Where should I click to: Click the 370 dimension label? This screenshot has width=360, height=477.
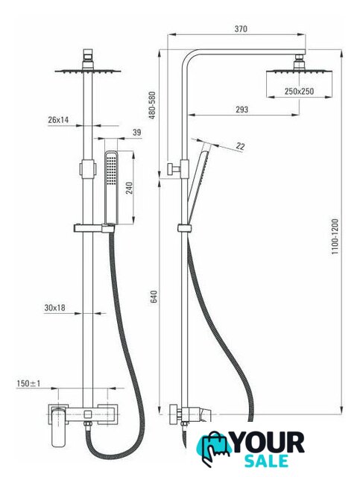(241, 29)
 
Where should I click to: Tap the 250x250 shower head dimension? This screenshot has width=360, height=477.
(299, 91)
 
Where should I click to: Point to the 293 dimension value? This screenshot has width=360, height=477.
(241, 110)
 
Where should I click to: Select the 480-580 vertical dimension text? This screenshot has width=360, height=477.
(152, 105)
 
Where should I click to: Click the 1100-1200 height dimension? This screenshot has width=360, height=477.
(335, 236)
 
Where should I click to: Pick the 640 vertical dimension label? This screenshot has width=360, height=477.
(154, 297)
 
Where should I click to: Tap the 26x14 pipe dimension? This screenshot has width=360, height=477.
(58, 120)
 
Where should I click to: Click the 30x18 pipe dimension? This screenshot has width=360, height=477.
(54, 308)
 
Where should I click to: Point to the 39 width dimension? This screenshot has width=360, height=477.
(137, 133)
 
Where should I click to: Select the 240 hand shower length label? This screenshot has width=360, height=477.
(130, 188)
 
